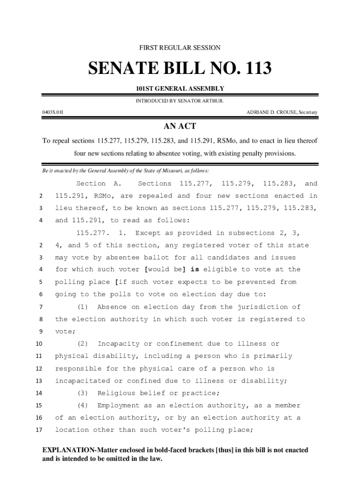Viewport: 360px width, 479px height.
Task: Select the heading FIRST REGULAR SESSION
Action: [180, 48]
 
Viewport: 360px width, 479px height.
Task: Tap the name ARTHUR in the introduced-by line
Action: [213, 101]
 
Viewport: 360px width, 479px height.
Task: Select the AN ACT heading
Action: [180, 126]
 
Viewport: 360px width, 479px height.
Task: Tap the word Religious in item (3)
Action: [116, 393]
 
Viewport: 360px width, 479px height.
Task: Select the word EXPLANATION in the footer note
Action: [69, 450]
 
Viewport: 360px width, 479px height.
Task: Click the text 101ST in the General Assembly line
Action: [145, 89]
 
